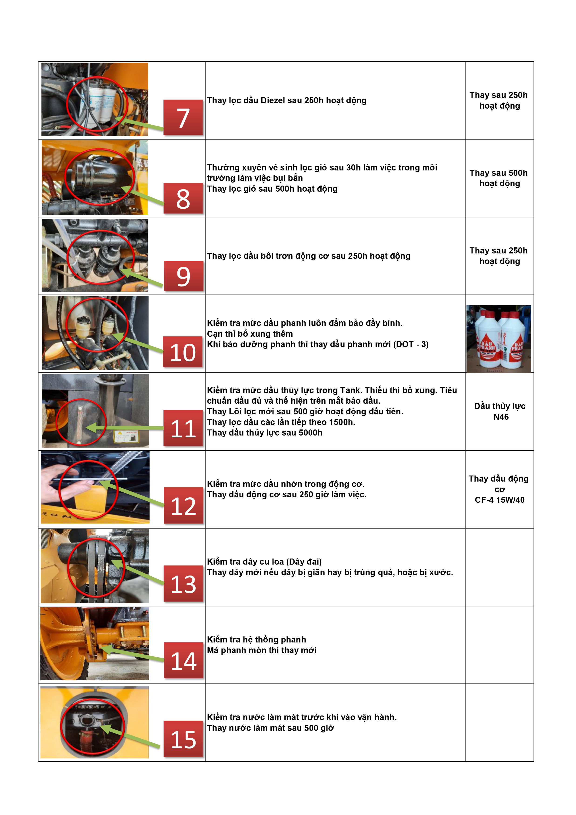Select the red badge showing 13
click(x=183, y=584)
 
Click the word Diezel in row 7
click(x=273, y=100)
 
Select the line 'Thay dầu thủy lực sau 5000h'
click(x=264, y=433)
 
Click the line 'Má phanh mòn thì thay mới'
click(x=262, y=650)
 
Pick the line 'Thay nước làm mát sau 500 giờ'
click(x=270, y=728)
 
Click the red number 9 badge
click(x=183, y=276)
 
